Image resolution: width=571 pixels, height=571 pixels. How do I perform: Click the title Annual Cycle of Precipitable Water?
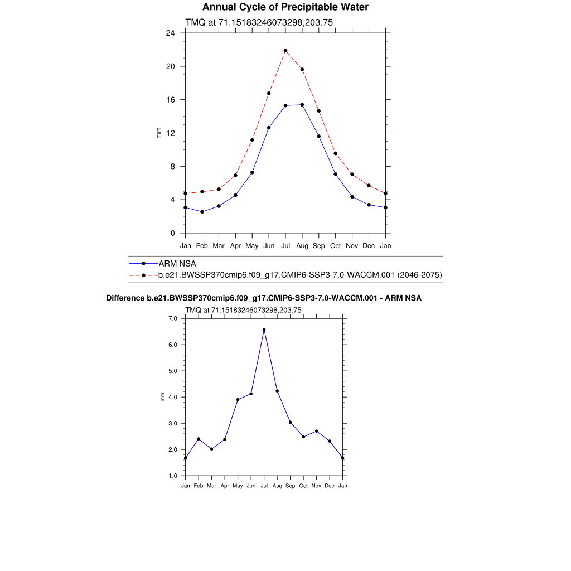pyautogui.click(x=285, y=7)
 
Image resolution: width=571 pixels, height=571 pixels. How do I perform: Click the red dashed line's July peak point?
pyautogui.click(x=285, y=51)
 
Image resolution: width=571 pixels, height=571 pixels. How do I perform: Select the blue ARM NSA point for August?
pyautogui.click(x=302, y=105)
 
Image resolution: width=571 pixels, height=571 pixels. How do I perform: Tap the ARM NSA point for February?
pyautogui.click(x=202, y=212)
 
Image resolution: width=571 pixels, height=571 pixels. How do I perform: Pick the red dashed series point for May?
pyautogui.click(x=252, y=140)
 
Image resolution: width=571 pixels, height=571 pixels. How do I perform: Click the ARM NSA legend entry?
pyautogui.click(x=177, y=263)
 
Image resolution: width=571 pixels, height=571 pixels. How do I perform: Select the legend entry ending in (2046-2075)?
pyautogui.click(x=300, y=275)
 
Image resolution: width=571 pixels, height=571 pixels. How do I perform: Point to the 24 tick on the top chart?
pyautogui.click(x=171, y=33)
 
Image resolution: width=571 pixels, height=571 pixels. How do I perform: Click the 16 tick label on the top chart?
pyautogui.click(x=171, y=100)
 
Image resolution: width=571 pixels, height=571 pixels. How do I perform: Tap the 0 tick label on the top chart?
pyautogui.click(x=173, y=233)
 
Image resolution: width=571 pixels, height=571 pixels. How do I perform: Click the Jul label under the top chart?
pyautogui.click(x=285, y=245)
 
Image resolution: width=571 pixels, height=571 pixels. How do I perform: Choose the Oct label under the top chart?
pyautogui.click(x=336, y=245)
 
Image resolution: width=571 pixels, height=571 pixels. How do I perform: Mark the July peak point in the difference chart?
pyautogui.click(x=264, y=330)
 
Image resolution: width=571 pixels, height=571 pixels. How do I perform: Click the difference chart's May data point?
pyautogui.click(x=238, y=400)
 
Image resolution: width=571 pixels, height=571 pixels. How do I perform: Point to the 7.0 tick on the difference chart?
pyautogui.click(x=173, y=318)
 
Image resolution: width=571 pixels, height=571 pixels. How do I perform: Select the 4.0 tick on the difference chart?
pyautogui.click(x=173, y=397)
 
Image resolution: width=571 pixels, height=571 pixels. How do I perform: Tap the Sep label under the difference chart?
pyautogui.click(x=291, y=486)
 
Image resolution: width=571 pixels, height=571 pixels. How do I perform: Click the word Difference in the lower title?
pyautogui.click(x=125, y=298)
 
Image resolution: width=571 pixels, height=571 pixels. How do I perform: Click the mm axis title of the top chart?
pyautogui.click(x=158, y=133)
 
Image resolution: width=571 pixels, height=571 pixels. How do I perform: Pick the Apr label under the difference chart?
pyautogui.click(x=225, y=486)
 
